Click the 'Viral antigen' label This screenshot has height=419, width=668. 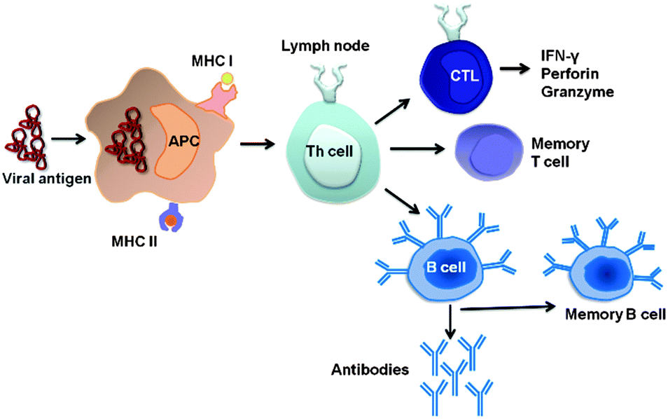(x=46, y=179)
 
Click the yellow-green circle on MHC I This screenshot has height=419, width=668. (x=225, y=80)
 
